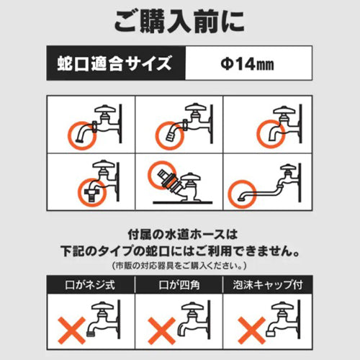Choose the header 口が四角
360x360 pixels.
(x=180, y=286)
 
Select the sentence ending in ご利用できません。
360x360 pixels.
(x=180, y=253)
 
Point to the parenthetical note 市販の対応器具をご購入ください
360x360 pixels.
(x=180, y=267)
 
